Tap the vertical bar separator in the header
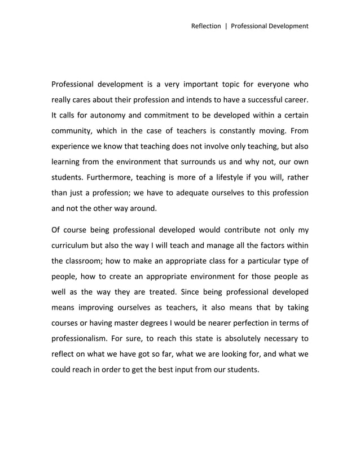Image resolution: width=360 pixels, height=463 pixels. pyautogui.click(x=226, y=25)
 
